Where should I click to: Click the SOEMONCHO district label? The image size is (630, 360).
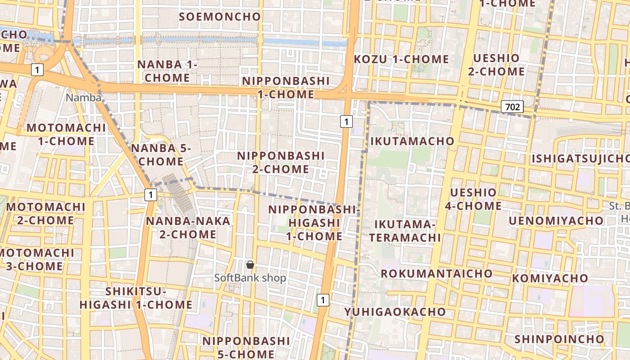point(220,17)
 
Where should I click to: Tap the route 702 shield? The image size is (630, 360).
point(512,107)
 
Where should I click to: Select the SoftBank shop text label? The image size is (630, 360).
point(250,278)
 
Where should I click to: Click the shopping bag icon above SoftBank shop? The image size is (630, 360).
point(250,265)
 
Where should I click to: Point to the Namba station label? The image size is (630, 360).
point(84,97)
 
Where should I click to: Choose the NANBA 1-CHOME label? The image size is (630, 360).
point(167,71)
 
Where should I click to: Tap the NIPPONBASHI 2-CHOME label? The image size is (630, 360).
point(280,162)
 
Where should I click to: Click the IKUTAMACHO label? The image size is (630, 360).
point(412,141)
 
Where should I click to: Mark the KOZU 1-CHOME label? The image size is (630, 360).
point(401,59)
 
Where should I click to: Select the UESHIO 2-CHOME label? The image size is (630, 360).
point(496,65)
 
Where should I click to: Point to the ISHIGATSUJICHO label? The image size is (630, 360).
point(580,159)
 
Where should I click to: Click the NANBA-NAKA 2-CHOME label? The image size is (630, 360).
point(188,228)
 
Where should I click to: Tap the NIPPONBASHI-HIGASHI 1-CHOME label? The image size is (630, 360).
point(314,223)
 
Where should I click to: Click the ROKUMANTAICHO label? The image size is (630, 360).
point(436,274)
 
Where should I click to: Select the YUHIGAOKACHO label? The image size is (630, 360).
point(395,312)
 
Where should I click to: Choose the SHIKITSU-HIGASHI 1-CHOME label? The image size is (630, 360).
point(136,298)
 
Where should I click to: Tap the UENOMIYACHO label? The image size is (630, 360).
point(556,221)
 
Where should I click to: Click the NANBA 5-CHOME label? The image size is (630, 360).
point(161,155)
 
